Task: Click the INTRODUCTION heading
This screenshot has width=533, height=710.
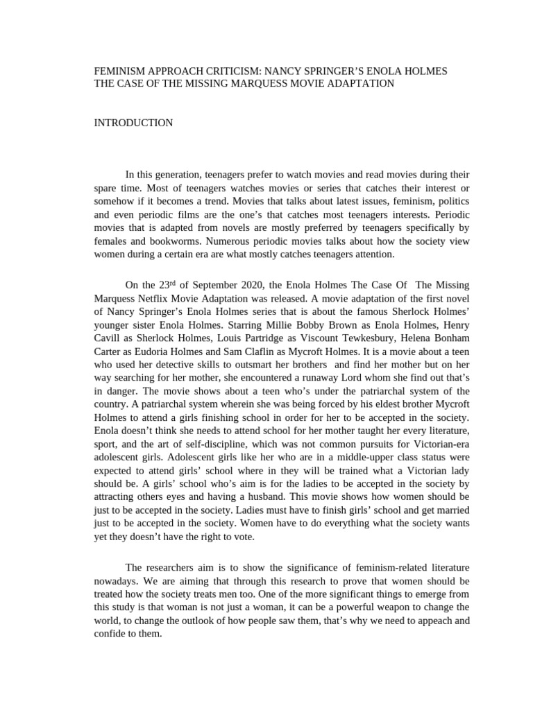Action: click(133, 123)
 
